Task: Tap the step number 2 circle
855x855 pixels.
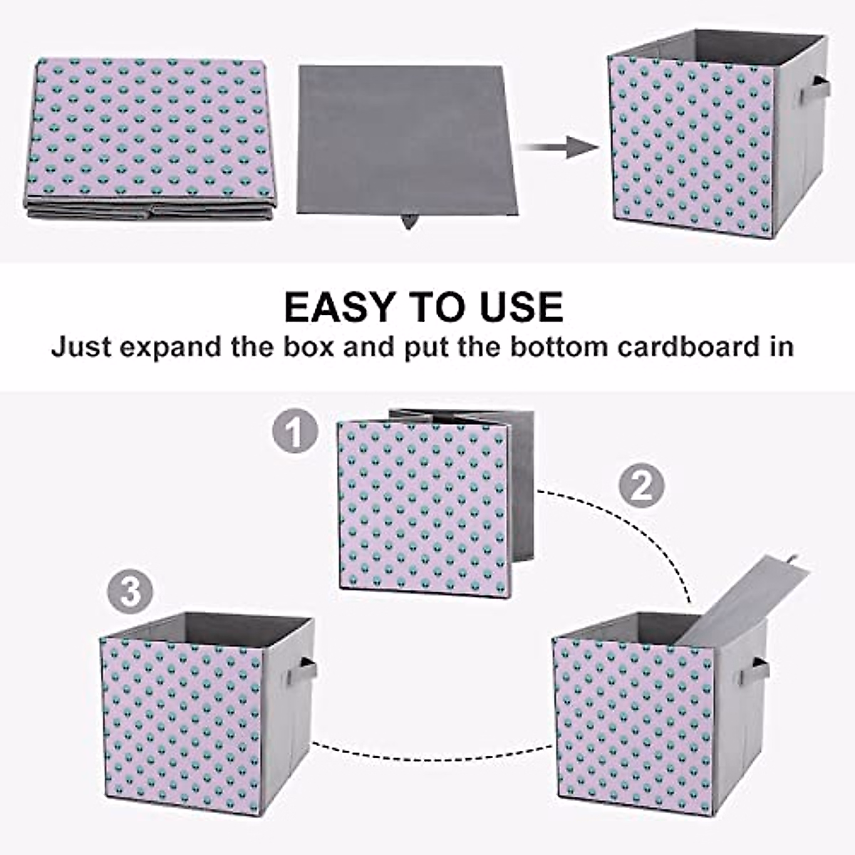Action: click(x=641, y=486)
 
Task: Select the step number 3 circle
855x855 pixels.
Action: click(x=130, y=591)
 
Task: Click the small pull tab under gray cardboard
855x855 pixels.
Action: click(x=408, y=222)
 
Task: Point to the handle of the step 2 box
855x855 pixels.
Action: click(x=760, y=670)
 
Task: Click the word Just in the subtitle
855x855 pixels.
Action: click(x=81, y=348)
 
